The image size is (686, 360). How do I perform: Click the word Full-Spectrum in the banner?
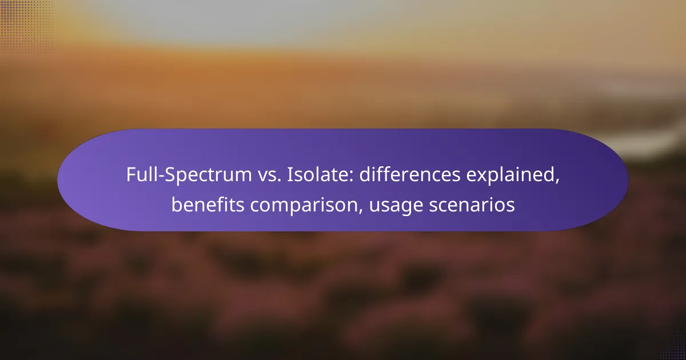coord(189,175)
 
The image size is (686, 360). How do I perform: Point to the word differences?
coord(410,174)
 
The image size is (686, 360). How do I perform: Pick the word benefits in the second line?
coord(208,204)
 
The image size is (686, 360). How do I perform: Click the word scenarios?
coord(472,205)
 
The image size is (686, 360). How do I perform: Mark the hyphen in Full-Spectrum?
coord(161,177)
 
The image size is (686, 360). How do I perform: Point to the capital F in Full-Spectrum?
coord(131,175)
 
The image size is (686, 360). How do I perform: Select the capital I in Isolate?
coord(289,175)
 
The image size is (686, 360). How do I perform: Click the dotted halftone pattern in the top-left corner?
coord(26,26)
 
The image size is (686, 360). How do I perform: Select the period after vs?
coord(279,181)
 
